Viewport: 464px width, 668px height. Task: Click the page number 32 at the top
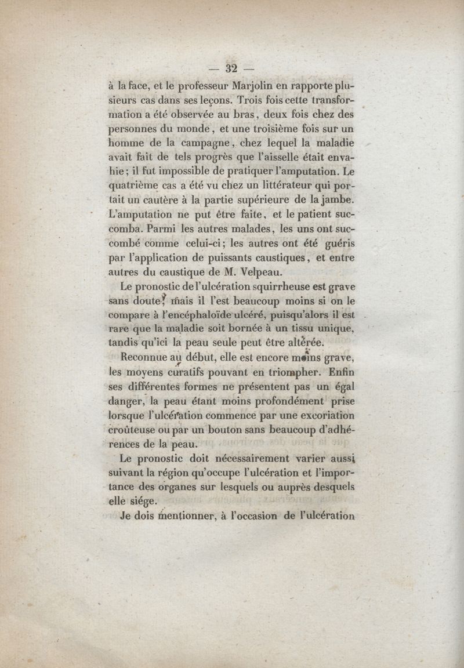232,68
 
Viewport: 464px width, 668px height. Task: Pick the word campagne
194,144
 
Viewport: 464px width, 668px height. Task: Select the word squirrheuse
288,287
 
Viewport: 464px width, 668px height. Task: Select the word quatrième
137,187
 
